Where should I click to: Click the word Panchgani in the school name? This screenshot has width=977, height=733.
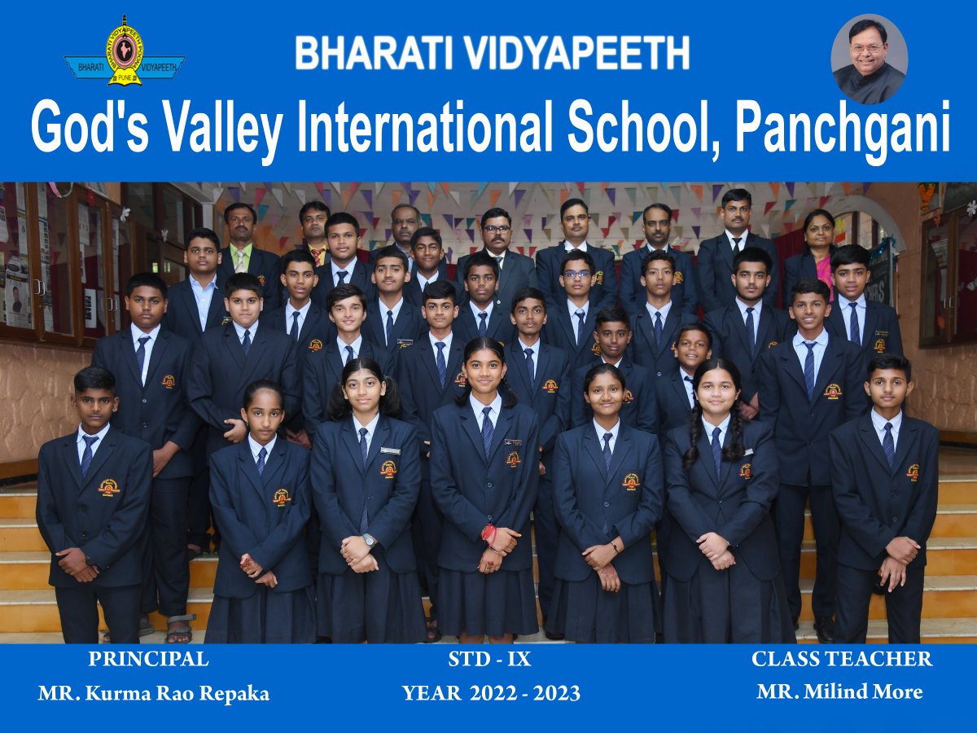pyautogui.click(x=843, y=126)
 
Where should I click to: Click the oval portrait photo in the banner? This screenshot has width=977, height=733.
pyautogui.click(x=870, y=59)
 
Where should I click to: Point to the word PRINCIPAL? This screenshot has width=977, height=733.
pyautogui.click(x=149, y=659)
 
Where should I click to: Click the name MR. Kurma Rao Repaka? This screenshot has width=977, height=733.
pyautogui.click(x=154, y=693)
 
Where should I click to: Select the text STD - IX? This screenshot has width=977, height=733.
pyautogui.click(x=489, y=659)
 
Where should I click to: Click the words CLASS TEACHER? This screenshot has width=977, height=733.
pyautogui.click(x=842, y=659)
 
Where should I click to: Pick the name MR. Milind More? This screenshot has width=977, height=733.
pyautogui.click(x=840, y=691)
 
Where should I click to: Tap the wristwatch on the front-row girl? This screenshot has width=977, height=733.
pyautogui.click(x=369, y=540)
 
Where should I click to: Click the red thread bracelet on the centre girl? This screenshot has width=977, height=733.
pyautogui.click(x=488, y=534)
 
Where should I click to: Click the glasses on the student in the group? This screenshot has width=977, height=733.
pyautogui.click(x=576, y=274)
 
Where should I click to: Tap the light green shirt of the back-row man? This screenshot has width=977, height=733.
pyautogui.click(x=240, y=257)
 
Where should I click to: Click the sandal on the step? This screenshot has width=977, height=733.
pyautogui.click(x=180, y=627)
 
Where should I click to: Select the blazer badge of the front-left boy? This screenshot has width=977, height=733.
pyautogui.click(x=109, y=486)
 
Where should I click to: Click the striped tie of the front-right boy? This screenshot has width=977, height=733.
pyautogui.click(x=888, y=444)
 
